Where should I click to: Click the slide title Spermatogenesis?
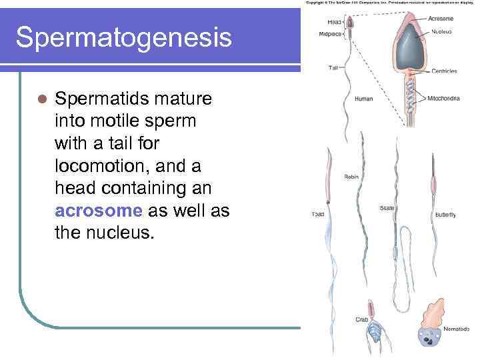click(124, 37)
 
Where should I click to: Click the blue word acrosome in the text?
click(99, 211)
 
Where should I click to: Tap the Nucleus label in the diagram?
click(441, 31)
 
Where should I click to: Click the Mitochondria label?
click(443, 99)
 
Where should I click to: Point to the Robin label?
click(351, 177)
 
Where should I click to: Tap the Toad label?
click(318, 215)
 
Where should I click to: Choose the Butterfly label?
click(445, 215)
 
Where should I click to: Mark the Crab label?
click(361, 319)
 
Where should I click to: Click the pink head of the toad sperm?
click(329, 187)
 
